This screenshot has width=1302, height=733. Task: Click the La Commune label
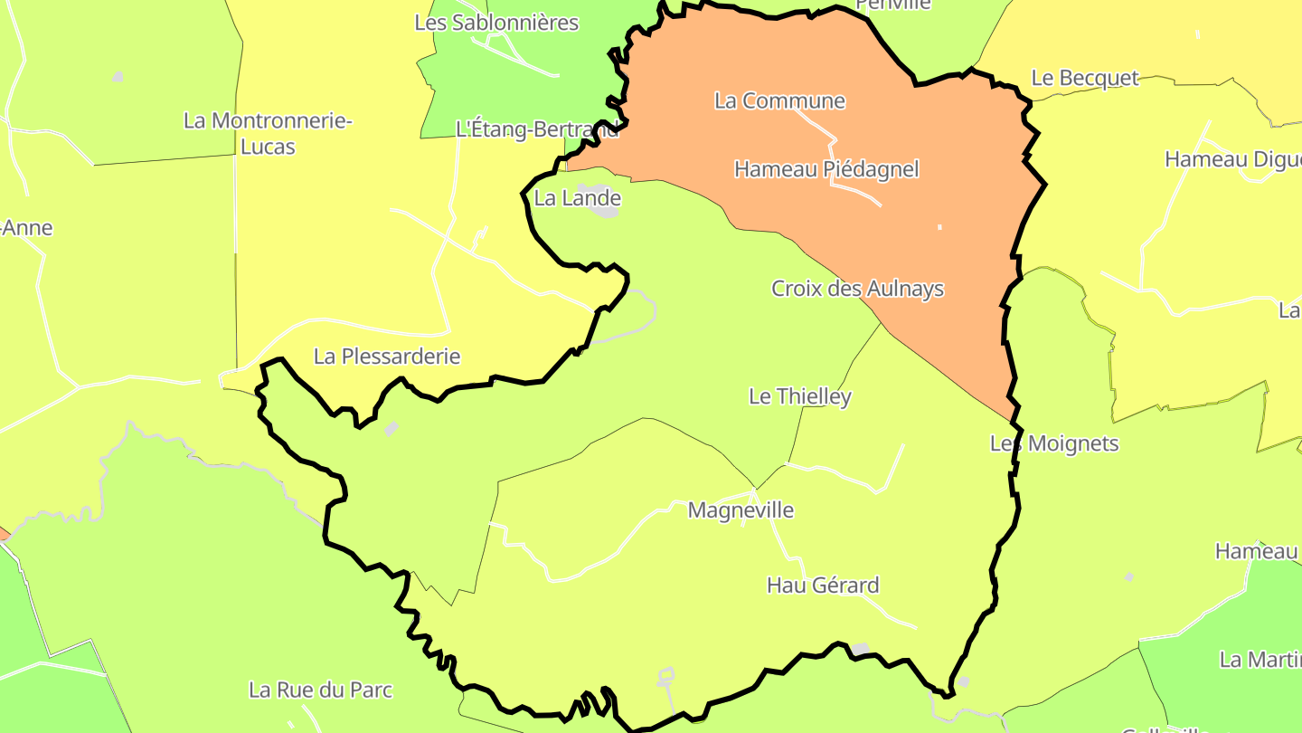click(779, 100)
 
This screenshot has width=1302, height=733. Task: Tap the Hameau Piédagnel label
click(826, 169)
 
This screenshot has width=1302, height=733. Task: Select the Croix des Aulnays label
click(857, 289)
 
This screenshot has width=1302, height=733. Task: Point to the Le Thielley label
click(800, 396)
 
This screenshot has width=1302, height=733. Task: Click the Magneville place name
click(741, 510)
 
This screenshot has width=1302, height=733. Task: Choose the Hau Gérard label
click(823, 585)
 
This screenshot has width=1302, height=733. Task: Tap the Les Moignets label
click(1054, 443)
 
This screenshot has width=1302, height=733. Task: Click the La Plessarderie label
click(387, 357)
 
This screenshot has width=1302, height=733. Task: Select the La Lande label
click(578, 198)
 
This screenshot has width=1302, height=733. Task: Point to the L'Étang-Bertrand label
click(537, 129)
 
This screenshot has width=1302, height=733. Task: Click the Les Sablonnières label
click(496, 23)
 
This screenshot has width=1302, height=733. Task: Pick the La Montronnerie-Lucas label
click(268, 133)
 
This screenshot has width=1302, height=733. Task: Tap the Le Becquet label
click(1085, 78)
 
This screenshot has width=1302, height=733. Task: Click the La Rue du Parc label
click(321, 690)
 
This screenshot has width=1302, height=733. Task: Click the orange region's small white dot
click(939, 226)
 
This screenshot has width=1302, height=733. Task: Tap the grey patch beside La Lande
click(603, 207)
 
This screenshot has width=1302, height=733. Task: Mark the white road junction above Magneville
click(754, 491)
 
